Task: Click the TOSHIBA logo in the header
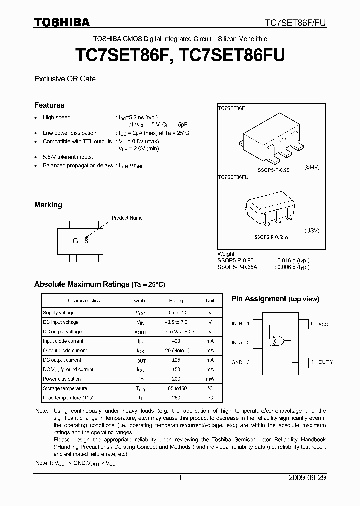click(62, 22)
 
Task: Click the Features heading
click(49, 105)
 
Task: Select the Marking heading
click(48, 205)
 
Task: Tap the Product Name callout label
click(127, 218)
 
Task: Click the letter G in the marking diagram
click(75, 241)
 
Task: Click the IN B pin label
click(237, 324)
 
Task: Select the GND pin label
click(237, 362)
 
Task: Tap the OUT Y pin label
click(325, 362)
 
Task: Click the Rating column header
click(176, 301)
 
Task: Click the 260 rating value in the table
click(176, 398)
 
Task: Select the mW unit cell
click(210, 379)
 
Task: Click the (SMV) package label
click(311, 167)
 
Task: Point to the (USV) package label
click(311, 231)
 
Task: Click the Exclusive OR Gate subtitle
click(65, 79)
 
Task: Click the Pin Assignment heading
click(275, 299)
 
